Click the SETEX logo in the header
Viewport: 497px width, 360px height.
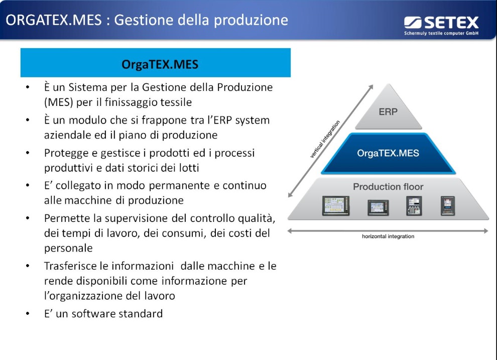point(441,25)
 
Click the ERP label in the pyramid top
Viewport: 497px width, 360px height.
point(388,112)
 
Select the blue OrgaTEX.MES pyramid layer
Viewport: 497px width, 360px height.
point(388,154)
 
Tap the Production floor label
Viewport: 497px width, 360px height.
point(388,187)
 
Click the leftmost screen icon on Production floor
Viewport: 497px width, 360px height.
point(336,206)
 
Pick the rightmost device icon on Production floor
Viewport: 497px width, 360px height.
point(448,206)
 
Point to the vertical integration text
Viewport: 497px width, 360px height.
point(325,139)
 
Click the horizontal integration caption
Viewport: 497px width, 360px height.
point(388,236)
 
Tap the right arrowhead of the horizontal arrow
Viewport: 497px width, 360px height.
point(486,231)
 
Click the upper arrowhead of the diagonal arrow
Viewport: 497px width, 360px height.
point(371,87)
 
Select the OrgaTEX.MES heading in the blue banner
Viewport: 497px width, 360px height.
point(160,65)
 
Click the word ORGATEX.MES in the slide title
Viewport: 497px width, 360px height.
point(54,20)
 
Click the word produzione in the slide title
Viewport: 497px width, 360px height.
point(251,21)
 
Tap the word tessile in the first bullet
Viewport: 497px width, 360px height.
point(176,102)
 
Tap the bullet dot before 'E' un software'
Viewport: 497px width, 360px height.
point(28,314)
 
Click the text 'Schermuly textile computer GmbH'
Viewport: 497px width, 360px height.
point(441,33)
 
